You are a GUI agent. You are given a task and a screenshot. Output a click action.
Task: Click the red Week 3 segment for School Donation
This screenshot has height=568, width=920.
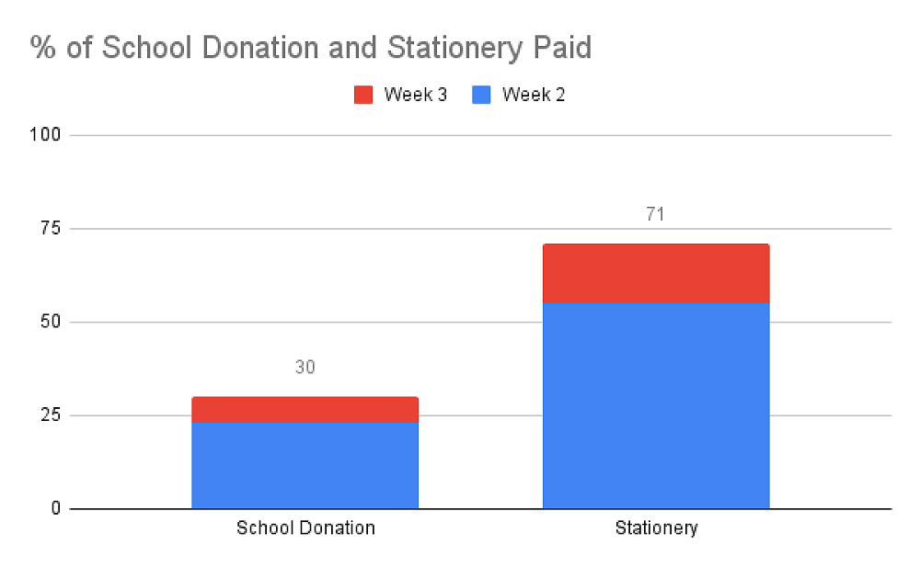click(x=305, y=409)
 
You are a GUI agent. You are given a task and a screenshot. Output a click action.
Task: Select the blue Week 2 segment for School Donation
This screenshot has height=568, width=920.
click(x=305, y=465)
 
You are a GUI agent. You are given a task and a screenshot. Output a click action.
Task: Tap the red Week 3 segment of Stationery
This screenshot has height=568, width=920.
click(x=655, y=273)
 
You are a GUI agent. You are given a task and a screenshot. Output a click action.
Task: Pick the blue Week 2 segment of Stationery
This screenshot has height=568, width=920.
click(x=655, y=405)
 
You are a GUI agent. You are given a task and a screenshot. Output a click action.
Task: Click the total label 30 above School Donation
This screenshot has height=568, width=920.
click(x=305, y=368)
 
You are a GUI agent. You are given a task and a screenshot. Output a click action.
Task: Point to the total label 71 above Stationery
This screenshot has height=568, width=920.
click(x=655, y=215)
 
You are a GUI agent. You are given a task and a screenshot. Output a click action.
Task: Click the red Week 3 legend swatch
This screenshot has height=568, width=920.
click(x=363, y=95)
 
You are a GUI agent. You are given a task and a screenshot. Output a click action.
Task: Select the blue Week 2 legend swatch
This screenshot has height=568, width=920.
click(x=481, y=95)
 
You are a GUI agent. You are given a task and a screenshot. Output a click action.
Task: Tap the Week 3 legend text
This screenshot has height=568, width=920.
click(x=415, y=95)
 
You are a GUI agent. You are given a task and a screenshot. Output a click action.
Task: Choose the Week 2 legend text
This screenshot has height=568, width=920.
click(x=534, y=95)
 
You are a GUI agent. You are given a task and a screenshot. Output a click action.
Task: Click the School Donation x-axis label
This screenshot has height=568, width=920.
click(x=305, y=528)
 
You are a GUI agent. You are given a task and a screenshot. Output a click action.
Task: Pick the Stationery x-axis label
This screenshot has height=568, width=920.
click(x=656, y=528)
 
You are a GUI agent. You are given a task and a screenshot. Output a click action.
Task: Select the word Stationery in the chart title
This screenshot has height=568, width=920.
click(x=443, y=48)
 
